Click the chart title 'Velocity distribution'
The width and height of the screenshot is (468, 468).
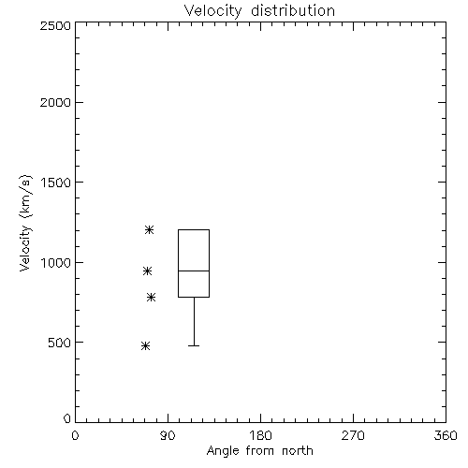[259, 11]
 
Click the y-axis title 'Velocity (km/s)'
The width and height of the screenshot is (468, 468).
[25, 223]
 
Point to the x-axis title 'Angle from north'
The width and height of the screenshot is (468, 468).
[259, 450]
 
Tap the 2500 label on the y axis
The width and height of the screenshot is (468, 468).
[55, 25]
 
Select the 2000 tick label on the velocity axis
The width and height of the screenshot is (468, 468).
[55, 102]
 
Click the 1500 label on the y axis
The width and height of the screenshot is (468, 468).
[56, 183]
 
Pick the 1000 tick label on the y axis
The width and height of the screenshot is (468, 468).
[56, 262]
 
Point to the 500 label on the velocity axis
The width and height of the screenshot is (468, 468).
[60, 343]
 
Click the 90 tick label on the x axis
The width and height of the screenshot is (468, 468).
[168, 435]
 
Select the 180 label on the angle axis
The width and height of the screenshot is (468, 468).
[260, 435]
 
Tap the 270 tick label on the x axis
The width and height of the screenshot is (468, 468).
[353, 435]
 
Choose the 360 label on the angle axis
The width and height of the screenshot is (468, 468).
[446, 435]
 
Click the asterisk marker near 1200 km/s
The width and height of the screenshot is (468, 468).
[149, 230]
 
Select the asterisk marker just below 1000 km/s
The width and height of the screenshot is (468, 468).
[148, 271]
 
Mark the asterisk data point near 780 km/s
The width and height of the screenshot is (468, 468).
[152, 297]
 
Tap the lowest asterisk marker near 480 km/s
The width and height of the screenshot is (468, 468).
[145, 345]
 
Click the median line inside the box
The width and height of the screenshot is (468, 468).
[194, 271]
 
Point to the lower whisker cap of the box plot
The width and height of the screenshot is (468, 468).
[194, 345]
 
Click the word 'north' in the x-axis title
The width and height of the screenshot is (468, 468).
[298, 450]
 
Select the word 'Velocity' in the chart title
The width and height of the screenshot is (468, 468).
[212, 11]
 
